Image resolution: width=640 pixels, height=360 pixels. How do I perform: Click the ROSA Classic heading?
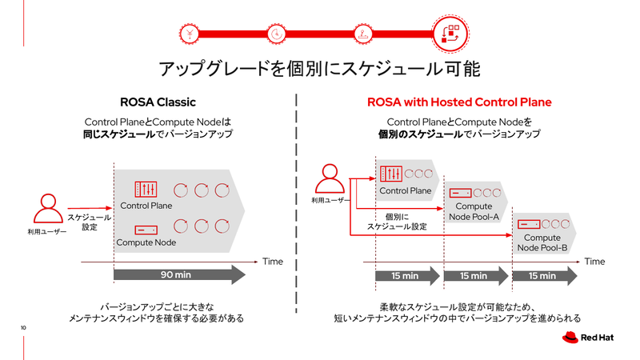(158, 102)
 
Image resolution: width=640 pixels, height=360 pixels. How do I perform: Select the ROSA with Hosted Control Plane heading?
(459, 102)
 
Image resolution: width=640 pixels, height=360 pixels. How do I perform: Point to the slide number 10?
(24, 327)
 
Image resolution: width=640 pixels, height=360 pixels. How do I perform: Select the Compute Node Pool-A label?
(474, 211)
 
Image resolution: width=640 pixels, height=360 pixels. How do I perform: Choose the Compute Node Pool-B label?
(542, 242)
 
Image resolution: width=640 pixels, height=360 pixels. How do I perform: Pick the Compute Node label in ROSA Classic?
(146, 242)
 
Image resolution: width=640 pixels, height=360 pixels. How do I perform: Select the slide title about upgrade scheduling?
(320, 68)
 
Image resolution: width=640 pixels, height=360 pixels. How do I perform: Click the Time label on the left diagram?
(273, 261)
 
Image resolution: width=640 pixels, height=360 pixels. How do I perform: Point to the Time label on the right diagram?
(594, 261)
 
